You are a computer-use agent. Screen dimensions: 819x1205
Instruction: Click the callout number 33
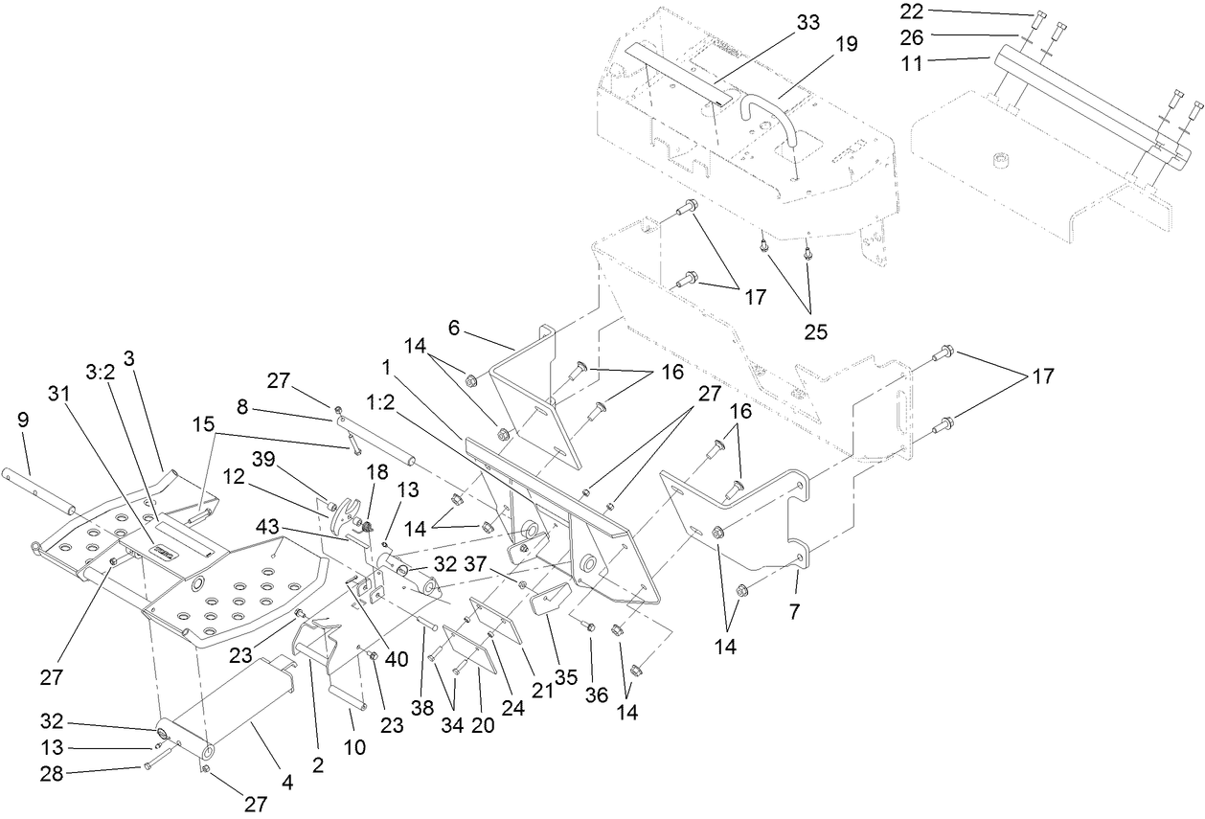pos(809,23)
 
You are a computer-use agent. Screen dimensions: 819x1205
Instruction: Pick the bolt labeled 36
pos(589,627)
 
